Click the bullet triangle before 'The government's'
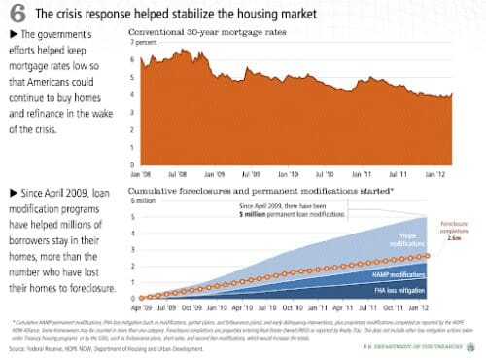pyautogui.click(x=10, y=35)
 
